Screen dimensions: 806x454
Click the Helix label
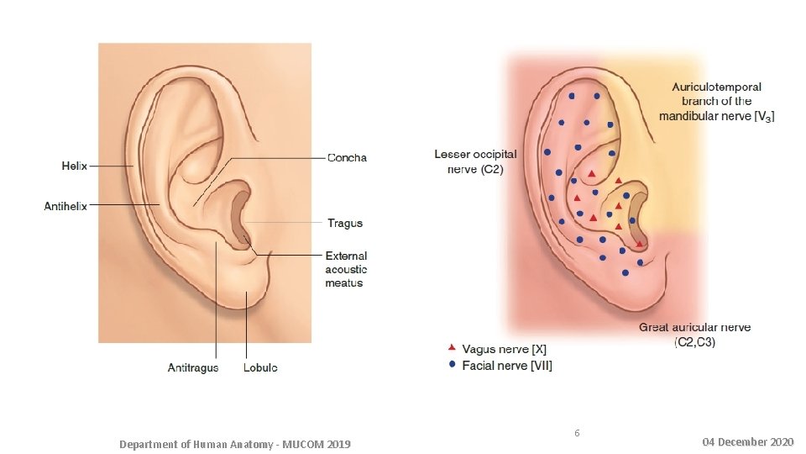click(74, 166)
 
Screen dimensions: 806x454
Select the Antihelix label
click(65, 205)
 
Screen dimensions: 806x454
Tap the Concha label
click(347, 157)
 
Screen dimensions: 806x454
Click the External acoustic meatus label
click(346, 269)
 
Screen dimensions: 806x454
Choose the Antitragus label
click(193, 367)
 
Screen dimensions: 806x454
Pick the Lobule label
click(260, 367)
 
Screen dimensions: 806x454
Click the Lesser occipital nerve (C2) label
click(475, 161)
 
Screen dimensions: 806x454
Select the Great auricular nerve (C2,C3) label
click(694, 334)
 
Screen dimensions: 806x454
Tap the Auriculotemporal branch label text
click(717, 101)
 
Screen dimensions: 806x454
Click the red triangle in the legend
click(452, 347)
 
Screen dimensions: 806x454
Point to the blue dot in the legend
click(452, 365)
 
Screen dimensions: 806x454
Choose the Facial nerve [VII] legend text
click(506, 366)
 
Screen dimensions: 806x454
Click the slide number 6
click(576, 433)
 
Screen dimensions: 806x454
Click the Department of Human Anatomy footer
click(234, 443)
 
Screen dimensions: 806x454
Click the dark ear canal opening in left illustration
click(238, 220)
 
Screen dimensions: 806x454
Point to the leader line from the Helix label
click(110, 166)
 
